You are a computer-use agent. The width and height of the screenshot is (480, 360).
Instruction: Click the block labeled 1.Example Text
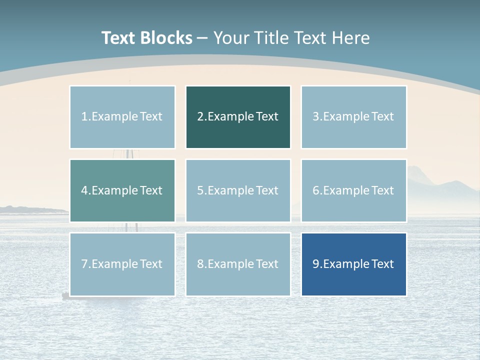(x=122, y=117)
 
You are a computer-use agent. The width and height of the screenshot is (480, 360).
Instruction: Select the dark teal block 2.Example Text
(x=238, y=117)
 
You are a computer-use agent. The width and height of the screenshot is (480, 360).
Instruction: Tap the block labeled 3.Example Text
(x=353, y=117)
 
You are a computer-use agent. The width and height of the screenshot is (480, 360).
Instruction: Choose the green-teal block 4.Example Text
(x=122, y=190)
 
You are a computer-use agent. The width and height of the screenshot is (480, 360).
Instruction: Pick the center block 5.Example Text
(x=238, y=190)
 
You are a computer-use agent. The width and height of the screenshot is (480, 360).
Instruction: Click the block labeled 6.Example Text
(x=353, y=190)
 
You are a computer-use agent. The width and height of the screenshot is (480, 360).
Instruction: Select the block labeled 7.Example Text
(x=122, y=264)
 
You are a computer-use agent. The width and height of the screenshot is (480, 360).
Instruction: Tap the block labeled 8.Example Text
(x=238, y=264)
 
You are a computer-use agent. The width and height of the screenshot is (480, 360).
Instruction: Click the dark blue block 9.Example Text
(x=353, y=264)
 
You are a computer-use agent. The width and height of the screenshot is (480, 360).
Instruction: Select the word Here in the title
(x=351, y=38)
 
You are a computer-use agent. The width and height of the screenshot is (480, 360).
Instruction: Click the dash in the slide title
(x=202, y=38)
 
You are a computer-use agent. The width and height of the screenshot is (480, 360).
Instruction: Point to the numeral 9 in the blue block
(x=315, y=264)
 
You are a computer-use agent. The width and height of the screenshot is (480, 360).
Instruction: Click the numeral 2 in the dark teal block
(x=200, y=117)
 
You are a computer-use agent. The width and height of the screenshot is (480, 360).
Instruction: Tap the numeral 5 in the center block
(x=200, y=190)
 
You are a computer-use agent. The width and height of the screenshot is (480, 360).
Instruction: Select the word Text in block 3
(x=383, y=117)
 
